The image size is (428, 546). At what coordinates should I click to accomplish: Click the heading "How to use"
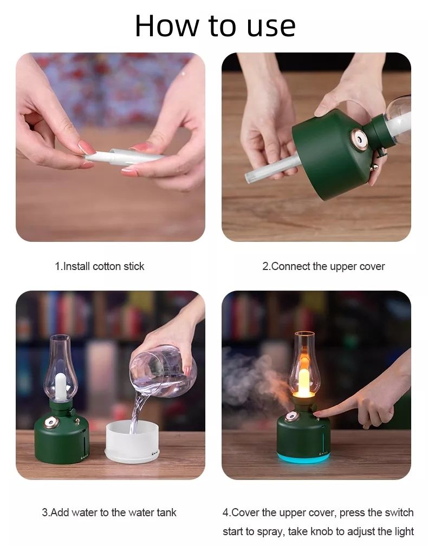(x=215, y=25)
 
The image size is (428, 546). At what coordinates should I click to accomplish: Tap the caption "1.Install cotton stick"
(x=100, y=266)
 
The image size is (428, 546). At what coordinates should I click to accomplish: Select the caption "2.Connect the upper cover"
(x=323, y=266)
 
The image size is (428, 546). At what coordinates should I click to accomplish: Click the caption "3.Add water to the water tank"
(x=109, y=512)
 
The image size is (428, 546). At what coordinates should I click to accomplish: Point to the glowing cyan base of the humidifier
(x=303, y=458)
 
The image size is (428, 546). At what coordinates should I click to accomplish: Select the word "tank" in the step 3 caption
(x=166, y=512)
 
